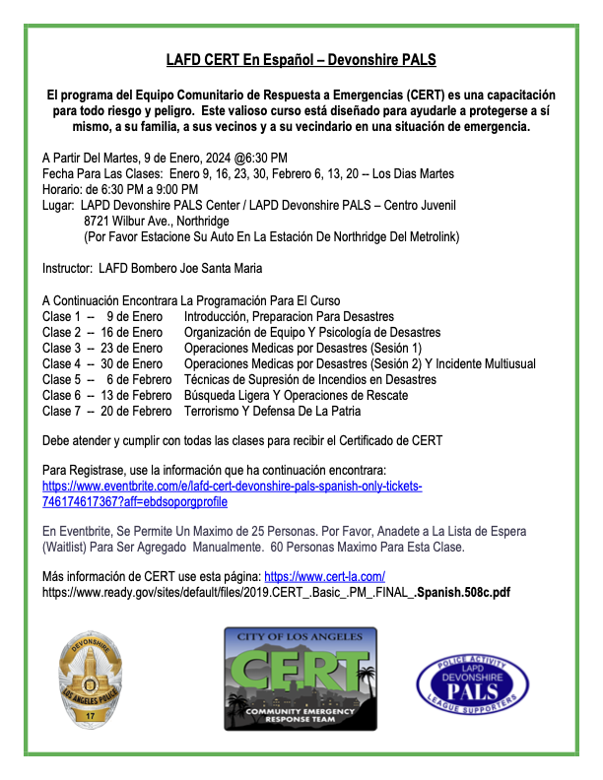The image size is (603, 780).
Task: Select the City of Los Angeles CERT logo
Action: point(301,679)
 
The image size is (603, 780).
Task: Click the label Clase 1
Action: point(61,317)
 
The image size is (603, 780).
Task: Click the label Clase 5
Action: point(61,380)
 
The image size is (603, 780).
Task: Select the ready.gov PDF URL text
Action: point(276,593)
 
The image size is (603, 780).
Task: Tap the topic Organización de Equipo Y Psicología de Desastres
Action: point(312,333)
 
